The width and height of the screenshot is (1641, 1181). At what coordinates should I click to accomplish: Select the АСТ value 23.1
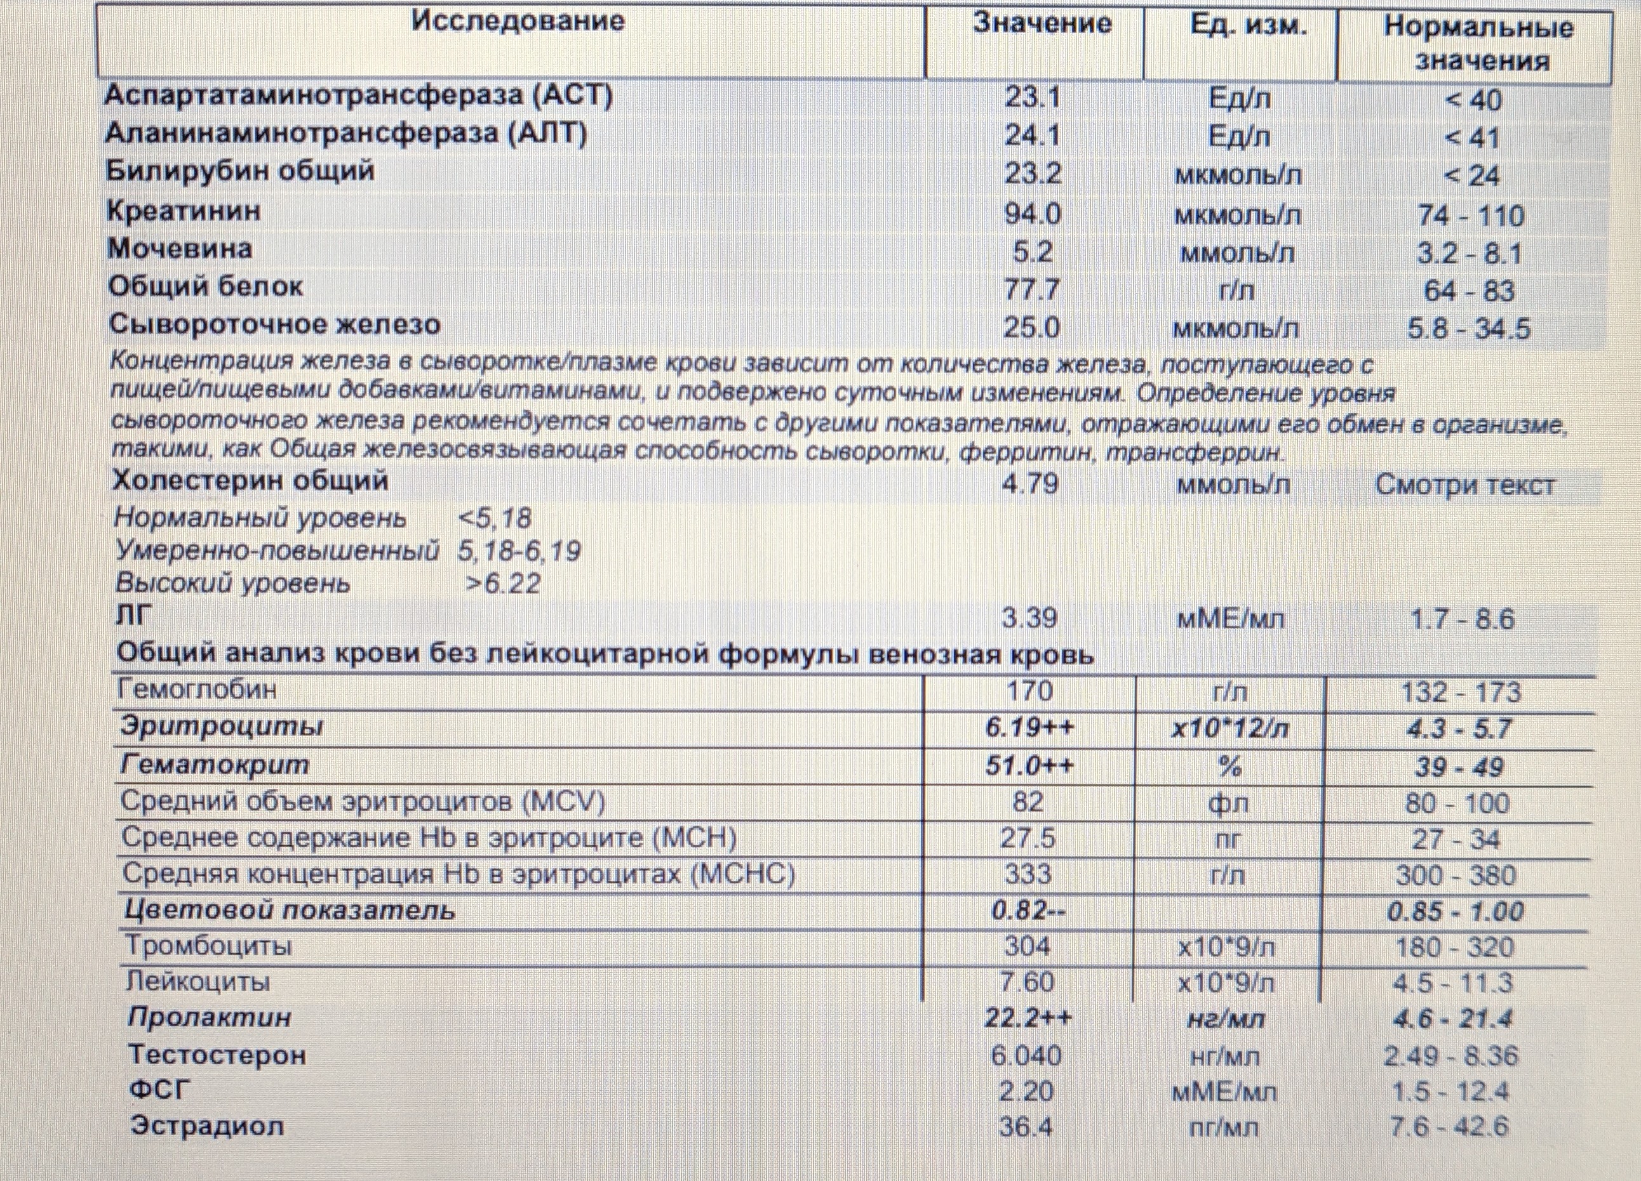1032,97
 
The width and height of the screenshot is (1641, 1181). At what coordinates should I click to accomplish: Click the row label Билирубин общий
240,171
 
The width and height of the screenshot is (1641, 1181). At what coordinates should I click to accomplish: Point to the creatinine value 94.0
1032,213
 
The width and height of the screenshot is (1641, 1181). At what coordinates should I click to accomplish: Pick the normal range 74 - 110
1471,216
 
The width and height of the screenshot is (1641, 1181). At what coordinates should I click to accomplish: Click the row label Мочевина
180,249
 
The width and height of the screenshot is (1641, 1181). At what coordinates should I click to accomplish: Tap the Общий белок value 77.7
1032,290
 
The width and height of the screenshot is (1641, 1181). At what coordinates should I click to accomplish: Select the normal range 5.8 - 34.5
1469,329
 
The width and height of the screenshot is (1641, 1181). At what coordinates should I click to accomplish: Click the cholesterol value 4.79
1029,483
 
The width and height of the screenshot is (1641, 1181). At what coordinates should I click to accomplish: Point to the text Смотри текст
1464,485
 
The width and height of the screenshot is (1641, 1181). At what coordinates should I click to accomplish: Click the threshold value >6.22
504,583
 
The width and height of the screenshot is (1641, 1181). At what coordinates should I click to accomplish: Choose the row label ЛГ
134,616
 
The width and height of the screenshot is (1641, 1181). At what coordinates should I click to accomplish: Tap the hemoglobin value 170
1029,690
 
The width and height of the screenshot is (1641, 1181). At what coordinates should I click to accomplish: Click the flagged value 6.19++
1029,727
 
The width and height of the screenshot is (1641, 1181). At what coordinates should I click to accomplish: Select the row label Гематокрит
215,765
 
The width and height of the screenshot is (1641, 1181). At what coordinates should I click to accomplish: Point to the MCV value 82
1028,802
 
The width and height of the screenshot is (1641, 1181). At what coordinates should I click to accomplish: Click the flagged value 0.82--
1028,911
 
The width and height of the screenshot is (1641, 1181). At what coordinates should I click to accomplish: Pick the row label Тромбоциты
209,946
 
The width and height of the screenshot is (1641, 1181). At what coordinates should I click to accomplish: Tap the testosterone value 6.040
1026,1056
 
